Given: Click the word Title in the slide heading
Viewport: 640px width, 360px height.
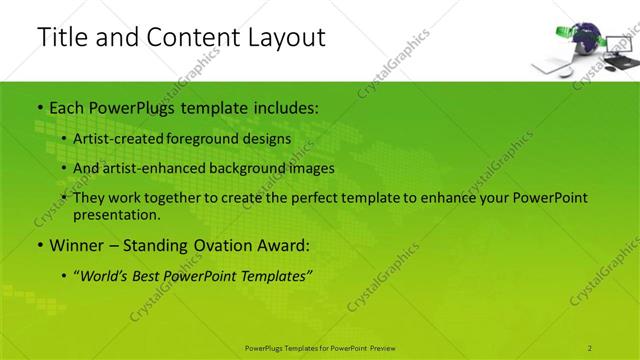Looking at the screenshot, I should coord(59,37).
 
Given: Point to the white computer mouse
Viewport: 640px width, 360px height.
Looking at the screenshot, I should coord(566,72).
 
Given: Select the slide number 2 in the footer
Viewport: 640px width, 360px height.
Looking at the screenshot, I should coord(591,348).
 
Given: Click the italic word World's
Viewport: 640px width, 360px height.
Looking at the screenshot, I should coord(107,275).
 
